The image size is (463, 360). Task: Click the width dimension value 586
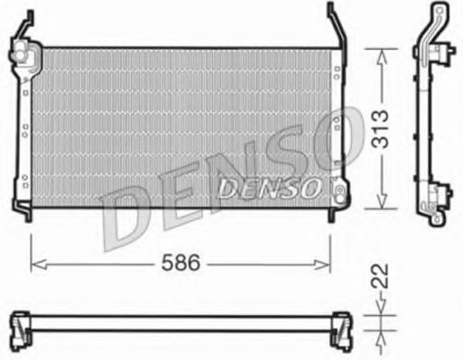pos(181,263)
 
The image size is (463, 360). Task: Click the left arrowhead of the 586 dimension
pos(35,263)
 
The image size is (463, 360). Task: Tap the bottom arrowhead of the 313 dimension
pos(382,206)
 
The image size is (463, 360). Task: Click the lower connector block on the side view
pos(440,194)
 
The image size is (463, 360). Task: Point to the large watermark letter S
pos(289,162)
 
